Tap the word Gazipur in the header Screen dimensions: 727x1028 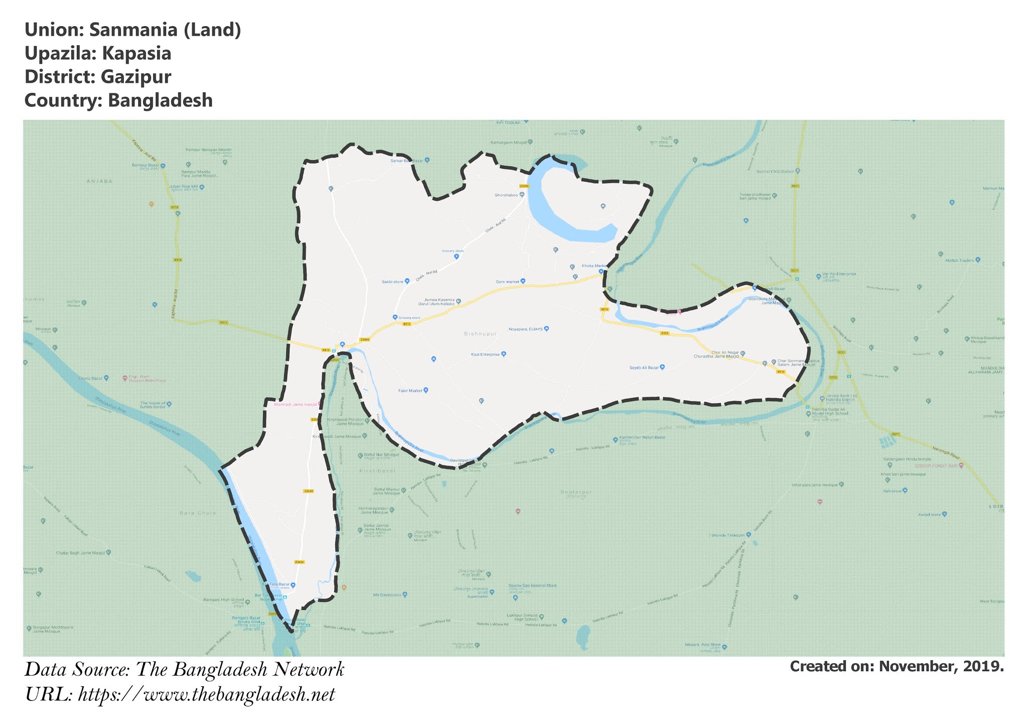(136, 77)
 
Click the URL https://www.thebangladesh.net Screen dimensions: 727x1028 (206, 695)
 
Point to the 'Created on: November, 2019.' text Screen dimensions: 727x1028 (896, 666)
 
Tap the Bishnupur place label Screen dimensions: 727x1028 (480, 334)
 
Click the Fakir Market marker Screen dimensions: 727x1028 (426, 390)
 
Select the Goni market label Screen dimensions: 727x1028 (507, 282)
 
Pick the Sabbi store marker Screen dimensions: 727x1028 (407, 282)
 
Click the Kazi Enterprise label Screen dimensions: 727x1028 (485, 354)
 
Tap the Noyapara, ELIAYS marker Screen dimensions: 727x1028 (547, 329)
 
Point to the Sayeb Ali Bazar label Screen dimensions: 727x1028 (644, 368)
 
